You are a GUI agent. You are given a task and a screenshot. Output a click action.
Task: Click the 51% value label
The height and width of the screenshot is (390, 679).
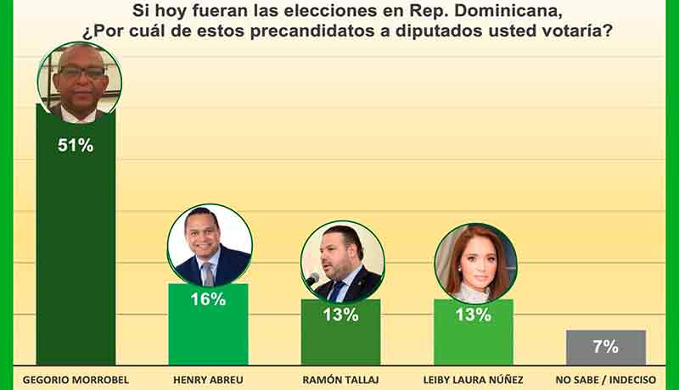tap(76, 145)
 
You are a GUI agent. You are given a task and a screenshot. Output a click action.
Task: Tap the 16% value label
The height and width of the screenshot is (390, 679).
tap(208, 299)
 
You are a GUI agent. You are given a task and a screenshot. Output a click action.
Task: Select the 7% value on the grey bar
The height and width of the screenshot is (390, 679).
tap(605, 346)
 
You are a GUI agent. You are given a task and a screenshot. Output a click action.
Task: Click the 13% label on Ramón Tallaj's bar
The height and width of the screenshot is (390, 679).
tap(340, 315)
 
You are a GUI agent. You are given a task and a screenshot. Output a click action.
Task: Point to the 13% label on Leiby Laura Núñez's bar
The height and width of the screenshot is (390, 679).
tap(473, 315)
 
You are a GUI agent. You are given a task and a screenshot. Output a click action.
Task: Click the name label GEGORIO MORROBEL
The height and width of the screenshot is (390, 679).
tap(75, 380)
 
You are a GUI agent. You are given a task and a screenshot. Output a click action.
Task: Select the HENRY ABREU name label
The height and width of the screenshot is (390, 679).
tap(208, 380)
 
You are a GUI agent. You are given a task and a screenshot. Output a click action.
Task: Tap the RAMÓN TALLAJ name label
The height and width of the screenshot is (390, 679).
tap(340, 380)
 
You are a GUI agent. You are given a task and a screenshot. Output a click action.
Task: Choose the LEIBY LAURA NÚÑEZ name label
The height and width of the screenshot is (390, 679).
tap(473, 380)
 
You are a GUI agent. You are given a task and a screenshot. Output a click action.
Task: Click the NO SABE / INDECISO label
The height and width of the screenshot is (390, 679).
tap(605, 380)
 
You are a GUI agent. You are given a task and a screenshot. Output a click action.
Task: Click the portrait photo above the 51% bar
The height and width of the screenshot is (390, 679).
tap(79, 81)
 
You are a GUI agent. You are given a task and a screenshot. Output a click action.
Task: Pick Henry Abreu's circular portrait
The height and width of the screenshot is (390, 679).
tap(209, 244)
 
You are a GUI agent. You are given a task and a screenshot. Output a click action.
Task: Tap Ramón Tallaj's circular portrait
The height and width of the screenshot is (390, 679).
tap(342, 261)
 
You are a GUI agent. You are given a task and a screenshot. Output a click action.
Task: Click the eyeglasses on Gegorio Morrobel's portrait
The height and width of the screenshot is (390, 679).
tap(81, 73)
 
